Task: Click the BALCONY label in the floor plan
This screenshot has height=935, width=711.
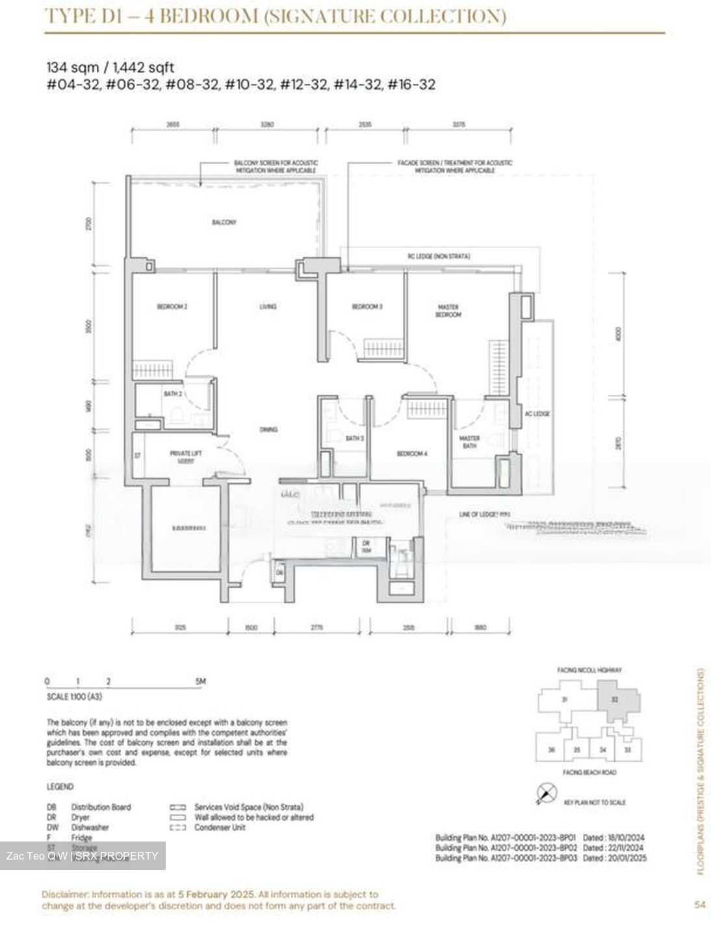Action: point(224,222)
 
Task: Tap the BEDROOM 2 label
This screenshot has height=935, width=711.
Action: point(172,306)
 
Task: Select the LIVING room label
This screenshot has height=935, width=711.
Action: point(267,306)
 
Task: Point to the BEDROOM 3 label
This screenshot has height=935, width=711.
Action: point(367,306)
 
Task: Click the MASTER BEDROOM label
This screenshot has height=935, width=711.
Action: point(448,310)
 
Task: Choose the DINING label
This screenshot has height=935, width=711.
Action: point(268,429)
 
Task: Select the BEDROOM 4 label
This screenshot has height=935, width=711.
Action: point(412,454)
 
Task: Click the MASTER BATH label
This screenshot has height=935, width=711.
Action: point(469,442)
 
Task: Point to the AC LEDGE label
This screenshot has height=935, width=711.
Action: point(537,414)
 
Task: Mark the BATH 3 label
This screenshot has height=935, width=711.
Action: point(354,439)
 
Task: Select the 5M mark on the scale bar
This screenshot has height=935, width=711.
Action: point(200,681)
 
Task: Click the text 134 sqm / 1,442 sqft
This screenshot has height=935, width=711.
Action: point(110,67)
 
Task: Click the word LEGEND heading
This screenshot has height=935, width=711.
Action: point(60,786)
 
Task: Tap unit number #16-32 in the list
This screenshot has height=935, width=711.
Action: point(411,84)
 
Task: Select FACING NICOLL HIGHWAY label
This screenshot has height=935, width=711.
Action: point(589,669)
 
